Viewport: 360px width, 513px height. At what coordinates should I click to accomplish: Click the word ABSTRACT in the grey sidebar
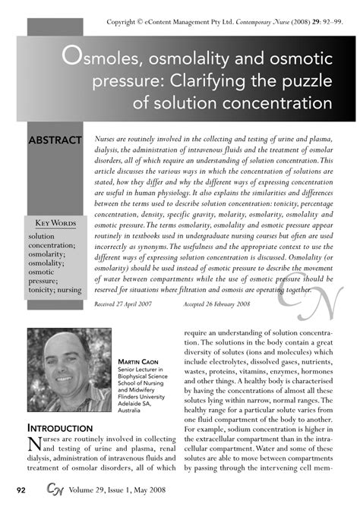click(x=55, y=141)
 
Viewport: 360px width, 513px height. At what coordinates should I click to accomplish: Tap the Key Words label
click(x=55, y=222)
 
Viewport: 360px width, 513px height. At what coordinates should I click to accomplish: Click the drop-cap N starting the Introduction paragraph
click(x=34, y=444)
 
